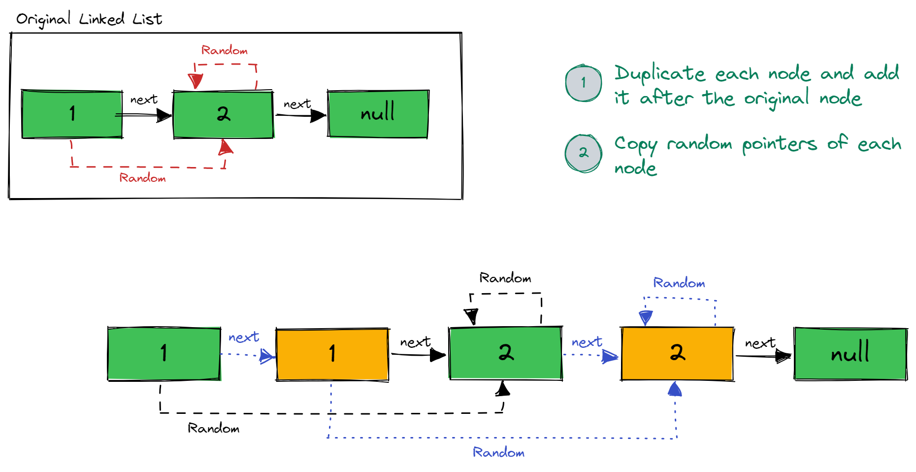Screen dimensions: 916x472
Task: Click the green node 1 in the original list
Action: [72, 114]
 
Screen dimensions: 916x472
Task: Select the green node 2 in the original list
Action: [223, 114]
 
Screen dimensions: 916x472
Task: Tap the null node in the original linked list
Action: [378, 113]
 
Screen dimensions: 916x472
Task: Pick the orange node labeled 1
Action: [332, 354]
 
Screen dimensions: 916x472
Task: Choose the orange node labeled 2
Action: [678, 353]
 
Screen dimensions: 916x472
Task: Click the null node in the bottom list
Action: [851, 354]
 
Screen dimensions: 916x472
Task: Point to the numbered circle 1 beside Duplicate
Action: [584, 83]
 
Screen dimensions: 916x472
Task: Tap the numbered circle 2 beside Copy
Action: [584, 153]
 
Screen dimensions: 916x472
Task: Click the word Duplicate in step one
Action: [659, 74]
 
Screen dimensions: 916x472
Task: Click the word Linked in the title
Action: [101, 19]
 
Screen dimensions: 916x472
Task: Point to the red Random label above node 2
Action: [224, 50]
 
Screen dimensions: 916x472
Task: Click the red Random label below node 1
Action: [142, 178]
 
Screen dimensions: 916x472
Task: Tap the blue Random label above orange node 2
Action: [679, 283]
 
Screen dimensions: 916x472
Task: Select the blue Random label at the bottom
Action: [498, 452]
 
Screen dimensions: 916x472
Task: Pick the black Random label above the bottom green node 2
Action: [505, 278]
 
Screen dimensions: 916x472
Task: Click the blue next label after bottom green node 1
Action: [244, 337]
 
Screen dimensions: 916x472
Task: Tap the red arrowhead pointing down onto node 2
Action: [196, 81]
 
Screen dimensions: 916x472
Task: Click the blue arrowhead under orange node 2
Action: [675, 389]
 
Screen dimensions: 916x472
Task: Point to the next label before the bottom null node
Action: [760, 343]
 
